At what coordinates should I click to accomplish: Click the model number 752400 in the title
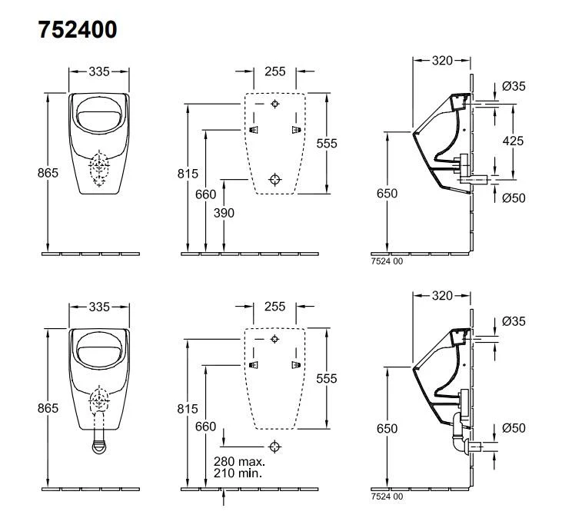pyautogui.click(x=78, y=30)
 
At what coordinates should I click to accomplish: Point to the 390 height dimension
pyautogui.click(x=224, y=212)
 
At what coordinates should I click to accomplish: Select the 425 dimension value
pyautogui.click(x=514, y=140)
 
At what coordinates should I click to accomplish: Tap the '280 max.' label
pyautogui.click(x=239, y=462)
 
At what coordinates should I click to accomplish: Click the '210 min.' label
pyautogui.click(x=238, y=473)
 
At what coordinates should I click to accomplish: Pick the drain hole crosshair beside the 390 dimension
pyautogui.click(x=275, y=178)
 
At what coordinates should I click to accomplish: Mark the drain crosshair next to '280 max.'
pyautogui.click(x=275, y=445)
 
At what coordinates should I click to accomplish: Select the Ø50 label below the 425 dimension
pyautogui.click(x=514, y=198)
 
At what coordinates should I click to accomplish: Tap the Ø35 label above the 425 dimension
pyautogui.click(x=514, y=87)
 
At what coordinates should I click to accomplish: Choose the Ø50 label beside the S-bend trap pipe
pyautogui.click(x=514, y=427)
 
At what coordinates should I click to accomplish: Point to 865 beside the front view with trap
pyautogui.click(x=48, y=408)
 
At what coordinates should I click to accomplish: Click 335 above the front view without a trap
pyautogui.click(x=98, y=71)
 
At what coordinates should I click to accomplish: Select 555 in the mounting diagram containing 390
pyautogui.click(x=327, y=143)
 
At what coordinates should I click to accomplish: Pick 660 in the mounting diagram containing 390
pyautogui.click(x=205, y=194)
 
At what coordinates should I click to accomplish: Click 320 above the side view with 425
pyautogui.click(x=441, y=59)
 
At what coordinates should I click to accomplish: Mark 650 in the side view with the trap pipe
pyautogui.click(x=387, y=428)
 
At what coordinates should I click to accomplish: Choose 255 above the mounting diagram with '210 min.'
pyautogui.click(x=274, y=307)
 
